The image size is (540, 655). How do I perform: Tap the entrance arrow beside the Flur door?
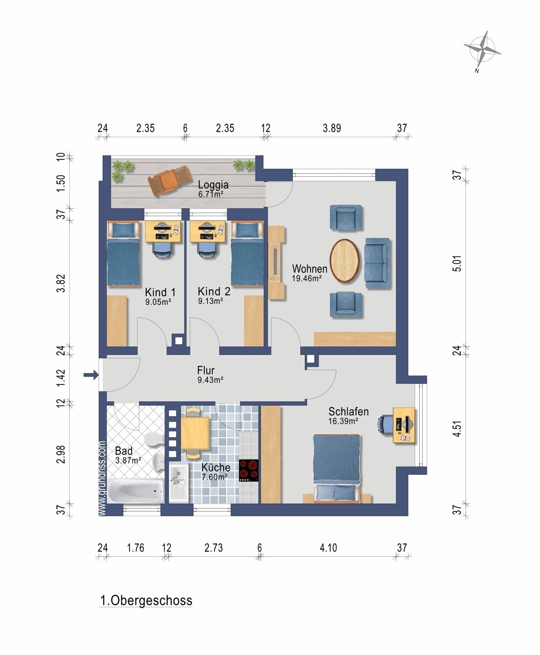coord(91,374)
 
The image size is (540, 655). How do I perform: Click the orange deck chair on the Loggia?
coord(170,180)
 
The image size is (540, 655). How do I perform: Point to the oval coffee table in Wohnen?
coord(345,261)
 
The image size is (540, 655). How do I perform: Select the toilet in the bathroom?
coord(154,439)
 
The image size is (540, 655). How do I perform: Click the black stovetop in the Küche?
coord(249,471)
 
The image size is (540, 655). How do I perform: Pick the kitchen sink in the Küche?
coord(178,483)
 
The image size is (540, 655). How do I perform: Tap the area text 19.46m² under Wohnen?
coord(307,278)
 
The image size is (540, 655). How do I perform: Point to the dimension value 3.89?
coord(332,128)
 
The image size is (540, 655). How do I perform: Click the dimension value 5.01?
coord(458,264)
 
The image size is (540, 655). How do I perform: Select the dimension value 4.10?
coord(328,547)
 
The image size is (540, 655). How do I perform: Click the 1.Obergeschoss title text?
coord(146,600)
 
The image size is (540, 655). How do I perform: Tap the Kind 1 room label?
coord(160,293)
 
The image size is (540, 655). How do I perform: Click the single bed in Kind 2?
coord(247,253)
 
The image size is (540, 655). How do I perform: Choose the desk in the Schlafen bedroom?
coord(404,425)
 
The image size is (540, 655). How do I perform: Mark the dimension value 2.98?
coord(62,454)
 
